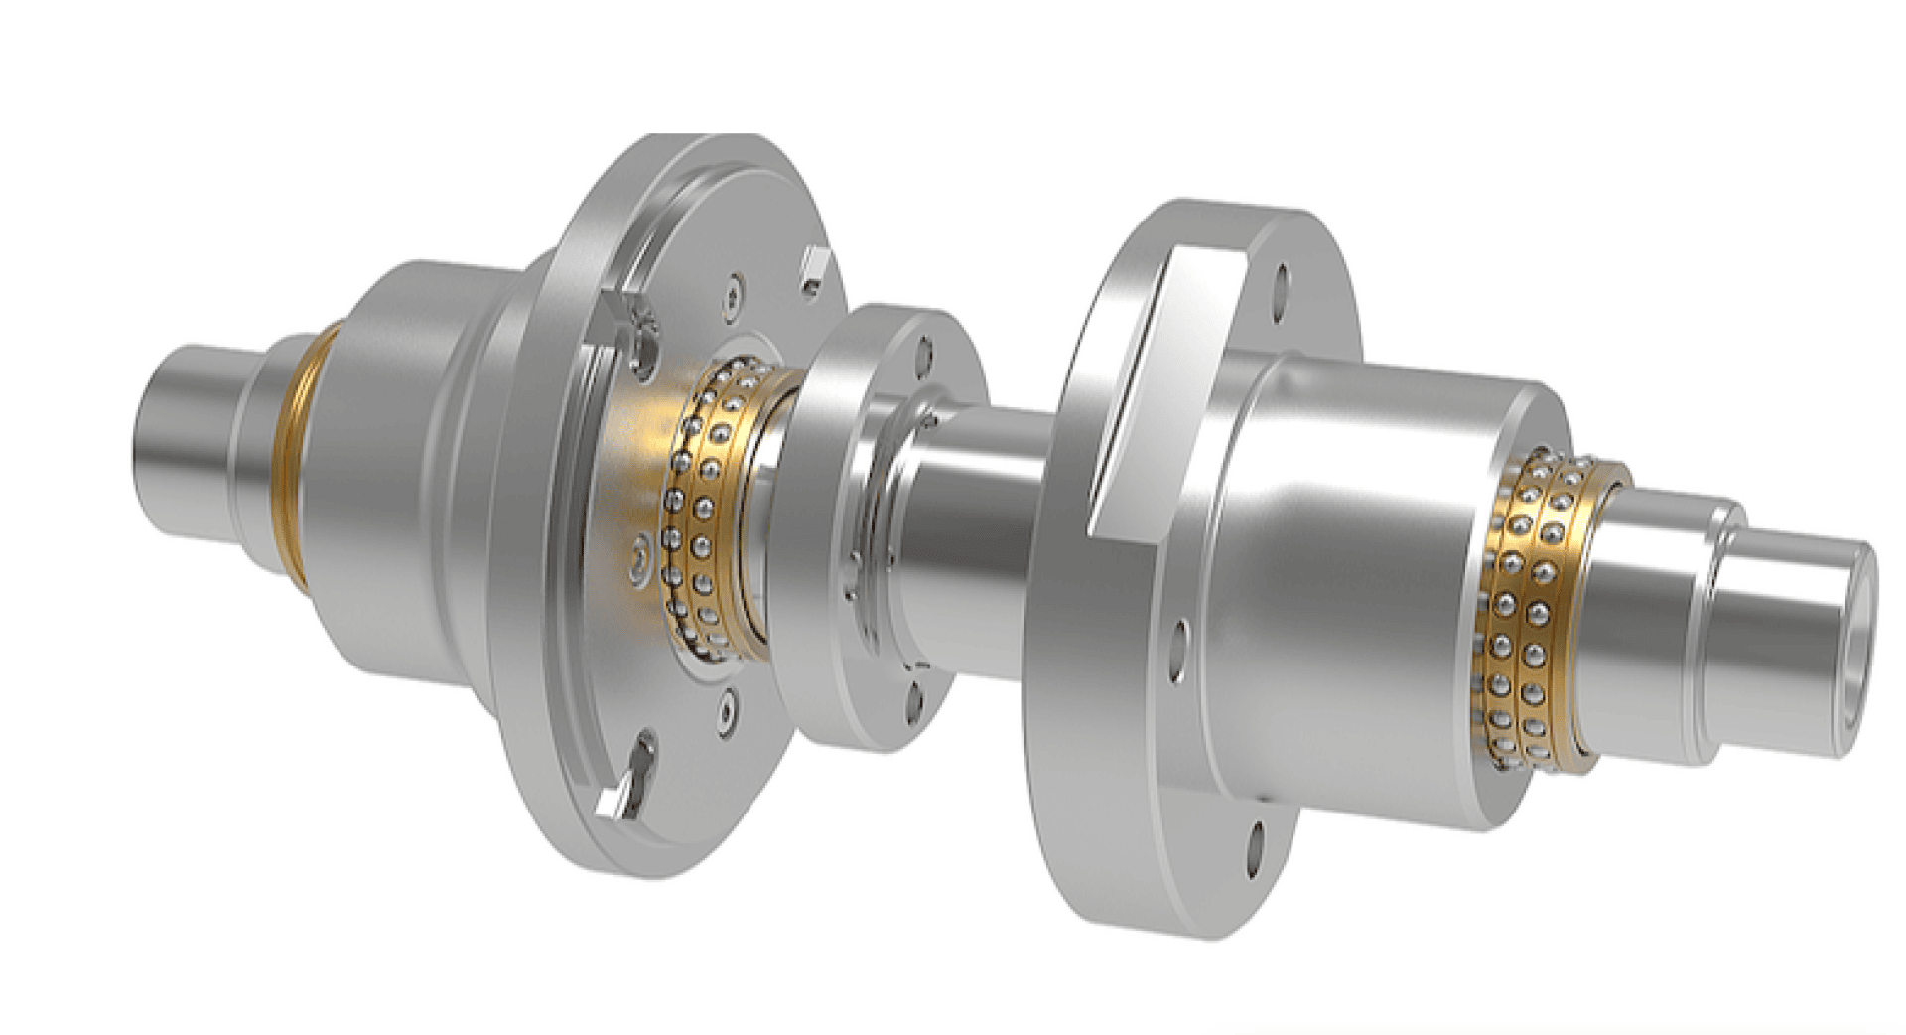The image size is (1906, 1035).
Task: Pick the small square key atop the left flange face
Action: pos(811,267)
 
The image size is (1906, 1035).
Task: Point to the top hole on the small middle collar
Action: pos(925,351)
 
